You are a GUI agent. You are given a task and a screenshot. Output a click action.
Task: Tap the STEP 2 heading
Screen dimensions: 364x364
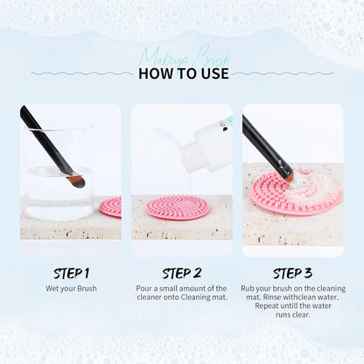click(x=181, y=272)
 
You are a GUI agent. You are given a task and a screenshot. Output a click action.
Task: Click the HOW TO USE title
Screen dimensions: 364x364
click(x=183, y=73)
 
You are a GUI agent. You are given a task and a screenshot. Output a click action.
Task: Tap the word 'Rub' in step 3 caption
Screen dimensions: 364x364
click(x=252, y=288)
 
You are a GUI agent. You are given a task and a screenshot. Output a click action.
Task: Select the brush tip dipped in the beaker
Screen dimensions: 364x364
click(x=76, y=181)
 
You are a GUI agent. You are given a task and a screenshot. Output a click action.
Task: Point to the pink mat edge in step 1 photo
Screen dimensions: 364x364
click(x=111, y=206)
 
